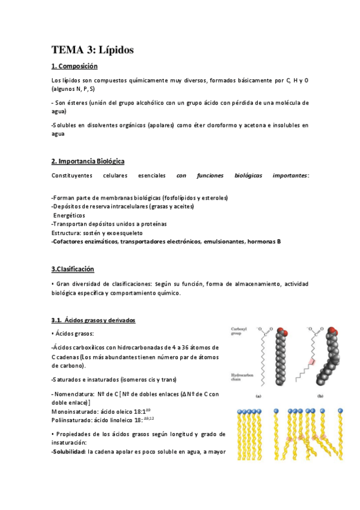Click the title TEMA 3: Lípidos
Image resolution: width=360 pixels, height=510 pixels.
93,50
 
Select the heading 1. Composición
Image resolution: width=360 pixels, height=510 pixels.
75,66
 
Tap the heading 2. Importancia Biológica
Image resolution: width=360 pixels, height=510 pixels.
88,161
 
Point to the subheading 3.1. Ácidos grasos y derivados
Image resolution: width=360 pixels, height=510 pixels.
93,320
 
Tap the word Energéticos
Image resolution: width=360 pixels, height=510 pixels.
70,215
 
